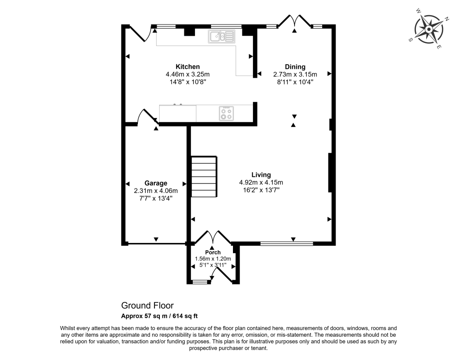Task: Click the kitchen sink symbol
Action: click(221, 36)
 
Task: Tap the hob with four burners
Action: click(226, 113)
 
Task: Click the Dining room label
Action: click(295, 67)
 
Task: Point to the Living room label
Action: click(261, 175)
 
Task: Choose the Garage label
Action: click(156, 183)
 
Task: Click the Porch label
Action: click(213, 252)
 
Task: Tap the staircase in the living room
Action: click(204, 177)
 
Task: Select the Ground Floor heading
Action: click(147, 306)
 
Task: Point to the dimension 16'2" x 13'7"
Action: click(261, 190)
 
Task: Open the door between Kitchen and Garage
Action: click(147, 117)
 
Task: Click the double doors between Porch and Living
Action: click(212, 237)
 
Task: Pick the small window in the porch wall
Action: click(200, 282)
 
